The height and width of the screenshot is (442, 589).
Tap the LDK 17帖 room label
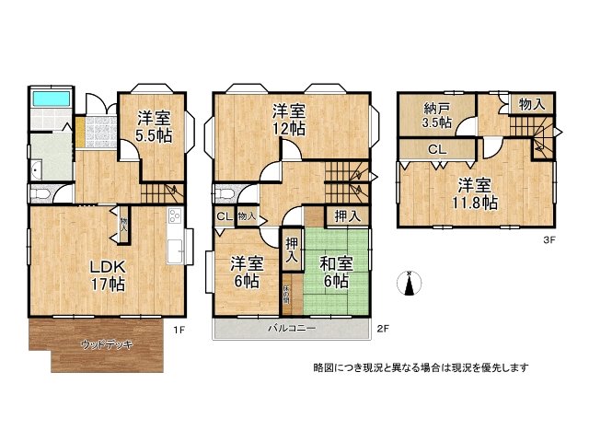pos(107,275)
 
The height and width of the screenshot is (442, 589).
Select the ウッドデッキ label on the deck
pos(108,344)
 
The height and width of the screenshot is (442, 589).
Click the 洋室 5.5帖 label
pos(155,127)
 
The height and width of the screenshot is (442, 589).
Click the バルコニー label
pos(293,328)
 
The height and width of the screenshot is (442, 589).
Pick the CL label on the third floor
pos(437,149)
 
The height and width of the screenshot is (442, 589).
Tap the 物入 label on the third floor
pos(531,105)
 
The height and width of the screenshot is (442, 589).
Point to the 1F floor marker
pos(179,327)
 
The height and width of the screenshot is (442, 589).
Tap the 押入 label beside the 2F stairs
pos(347,216)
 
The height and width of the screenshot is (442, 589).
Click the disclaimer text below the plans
pos(420,368)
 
